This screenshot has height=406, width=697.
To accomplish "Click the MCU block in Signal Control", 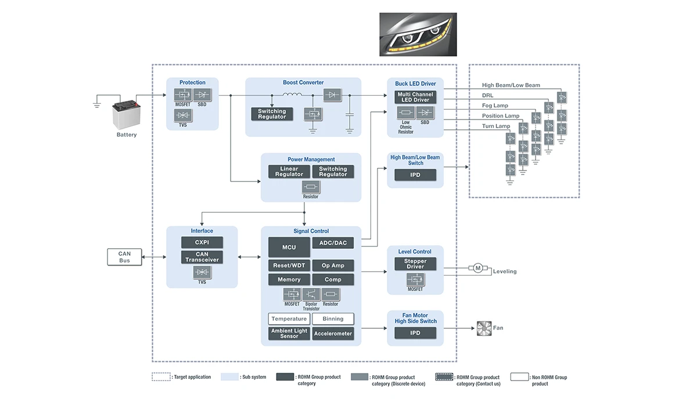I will click(289, 247).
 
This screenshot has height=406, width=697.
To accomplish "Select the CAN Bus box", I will click(124, 257).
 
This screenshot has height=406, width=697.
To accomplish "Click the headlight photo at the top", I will click(418, 34).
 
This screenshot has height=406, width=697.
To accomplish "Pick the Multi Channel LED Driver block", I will click(415, 97).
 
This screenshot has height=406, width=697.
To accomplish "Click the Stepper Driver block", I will click(415, 264).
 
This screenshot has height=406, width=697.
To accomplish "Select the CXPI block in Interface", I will click(202, 242).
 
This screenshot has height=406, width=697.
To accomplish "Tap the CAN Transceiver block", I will click(202, 257).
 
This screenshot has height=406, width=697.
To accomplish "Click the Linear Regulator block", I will click(289, 172).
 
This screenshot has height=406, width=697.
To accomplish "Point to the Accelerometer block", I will click(333, 333).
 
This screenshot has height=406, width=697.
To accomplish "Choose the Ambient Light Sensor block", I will click(289, 333).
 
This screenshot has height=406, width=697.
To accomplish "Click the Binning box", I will click(333, 319).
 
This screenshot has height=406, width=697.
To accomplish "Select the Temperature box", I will click(289, 319).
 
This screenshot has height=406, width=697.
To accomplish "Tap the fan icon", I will click(483, 328).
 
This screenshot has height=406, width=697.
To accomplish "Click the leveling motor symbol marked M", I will click(478, 268).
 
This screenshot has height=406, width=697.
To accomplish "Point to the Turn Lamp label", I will click(496, 126).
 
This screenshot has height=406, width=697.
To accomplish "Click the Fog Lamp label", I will click(495, 106).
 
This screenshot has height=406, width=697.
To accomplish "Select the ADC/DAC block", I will click(333, 242).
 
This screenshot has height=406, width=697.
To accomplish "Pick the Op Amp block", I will click(333, 266).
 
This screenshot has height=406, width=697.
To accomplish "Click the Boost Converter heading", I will click(303, 82).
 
